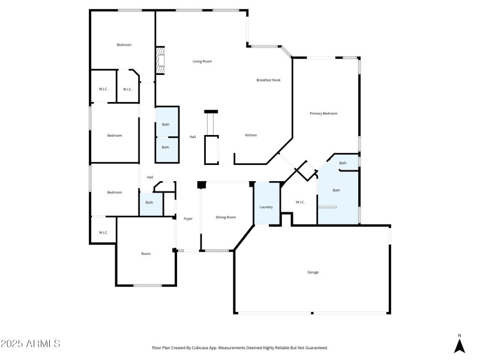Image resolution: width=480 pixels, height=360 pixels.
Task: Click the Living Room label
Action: pos(202,61)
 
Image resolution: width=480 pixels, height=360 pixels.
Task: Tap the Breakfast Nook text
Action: pos(268,80)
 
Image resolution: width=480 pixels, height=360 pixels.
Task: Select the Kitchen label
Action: pos(251,135)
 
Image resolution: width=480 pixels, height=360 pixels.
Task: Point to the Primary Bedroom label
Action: pos(323,113)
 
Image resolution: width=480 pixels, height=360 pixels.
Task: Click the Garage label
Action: pos(313,272)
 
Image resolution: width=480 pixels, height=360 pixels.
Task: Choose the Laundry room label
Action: pos(266,207)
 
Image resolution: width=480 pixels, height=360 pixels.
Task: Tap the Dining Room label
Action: pos(226,217)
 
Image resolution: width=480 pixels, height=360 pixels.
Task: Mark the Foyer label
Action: pos(188,218)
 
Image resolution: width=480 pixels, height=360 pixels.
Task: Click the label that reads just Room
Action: pos(146,254)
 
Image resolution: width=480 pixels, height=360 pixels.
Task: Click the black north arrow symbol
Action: pos(459,346)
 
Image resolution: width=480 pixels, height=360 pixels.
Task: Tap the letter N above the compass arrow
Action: pos(459,335)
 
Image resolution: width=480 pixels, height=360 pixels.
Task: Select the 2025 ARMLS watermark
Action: pos(30,344)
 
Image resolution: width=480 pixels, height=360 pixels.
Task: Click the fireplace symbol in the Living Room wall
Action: pos(160,61)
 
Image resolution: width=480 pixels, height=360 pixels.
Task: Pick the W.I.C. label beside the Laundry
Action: pos(300,202)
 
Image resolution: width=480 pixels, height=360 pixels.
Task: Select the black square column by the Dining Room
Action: pos(202,185)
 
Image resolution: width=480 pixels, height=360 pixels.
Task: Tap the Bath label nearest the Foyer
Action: pos(149,202)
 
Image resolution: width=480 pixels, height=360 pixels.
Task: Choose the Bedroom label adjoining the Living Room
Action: pos(124,45)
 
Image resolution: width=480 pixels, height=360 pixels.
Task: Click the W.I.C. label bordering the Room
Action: pos(103,233)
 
